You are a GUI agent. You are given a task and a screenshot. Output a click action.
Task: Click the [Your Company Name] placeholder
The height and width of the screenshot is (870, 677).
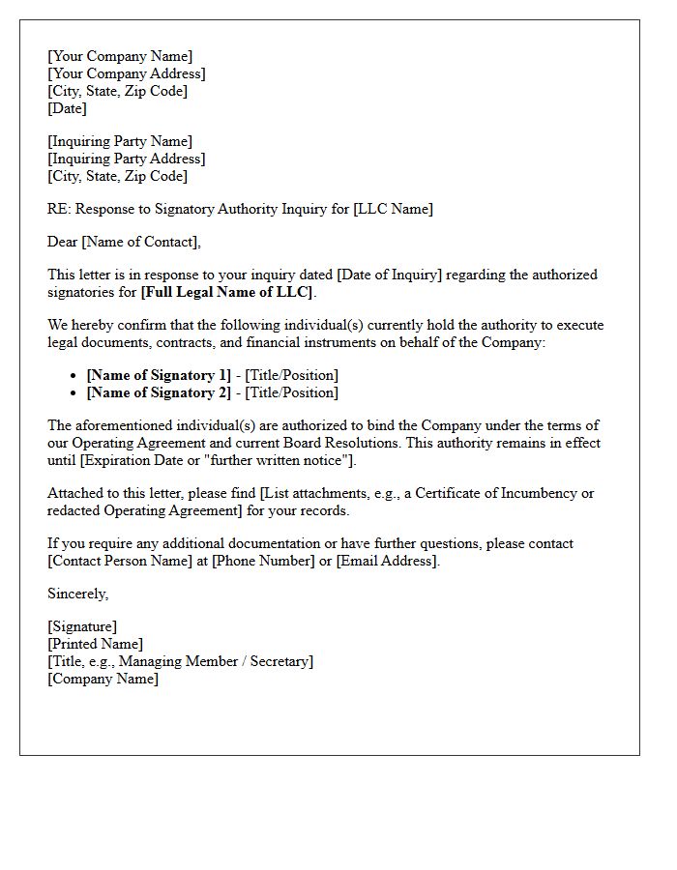point(120,56)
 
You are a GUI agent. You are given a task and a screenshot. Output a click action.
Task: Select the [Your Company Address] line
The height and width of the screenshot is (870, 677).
point(126,73)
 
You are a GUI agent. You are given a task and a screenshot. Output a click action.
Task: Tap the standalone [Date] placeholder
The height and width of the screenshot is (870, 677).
point(67,108)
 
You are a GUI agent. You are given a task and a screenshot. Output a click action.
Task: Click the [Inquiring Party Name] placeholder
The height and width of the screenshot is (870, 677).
point(120,141)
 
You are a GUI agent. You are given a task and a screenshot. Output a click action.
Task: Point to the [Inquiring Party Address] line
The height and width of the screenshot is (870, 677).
point(126,159)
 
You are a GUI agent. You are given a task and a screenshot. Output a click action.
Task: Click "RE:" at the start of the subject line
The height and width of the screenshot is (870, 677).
point(59,209)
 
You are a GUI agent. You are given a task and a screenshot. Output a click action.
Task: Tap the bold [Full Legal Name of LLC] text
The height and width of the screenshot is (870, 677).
point(227,292)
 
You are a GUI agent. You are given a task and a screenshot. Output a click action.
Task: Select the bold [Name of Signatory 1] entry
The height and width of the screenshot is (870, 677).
point(159,375)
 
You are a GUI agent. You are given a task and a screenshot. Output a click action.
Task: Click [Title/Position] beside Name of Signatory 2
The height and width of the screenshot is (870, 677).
point(292,392)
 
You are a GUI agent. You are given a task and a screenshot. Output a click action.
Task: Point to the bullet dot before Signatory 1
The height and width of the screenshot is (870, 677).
point(75,376)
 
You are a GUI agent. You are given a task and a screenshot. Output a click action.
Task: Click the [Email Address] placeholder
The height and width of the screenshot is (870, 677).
point(387,561)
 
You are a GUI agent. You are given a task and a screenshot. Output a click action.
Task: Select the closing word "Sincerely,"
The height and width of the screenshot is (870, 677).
point(78,594)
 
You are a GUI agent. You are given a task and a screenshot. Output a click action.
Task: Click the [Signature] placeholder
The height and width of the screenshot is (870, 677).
point(82,626)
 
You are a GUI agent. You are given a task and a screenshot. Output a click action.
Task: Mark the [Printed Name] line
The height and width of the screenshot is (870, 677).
point(95,644)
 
